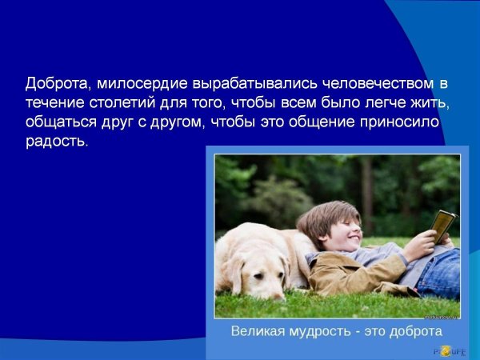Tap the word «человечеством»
[350, 84]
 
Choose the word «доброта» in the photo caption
[413, 330]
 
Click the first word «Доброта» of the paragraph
[54, 84]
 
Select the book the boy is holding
[442, 226]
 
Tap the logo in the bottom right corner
[452, 350]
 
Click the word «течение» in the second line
[52, 104]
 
